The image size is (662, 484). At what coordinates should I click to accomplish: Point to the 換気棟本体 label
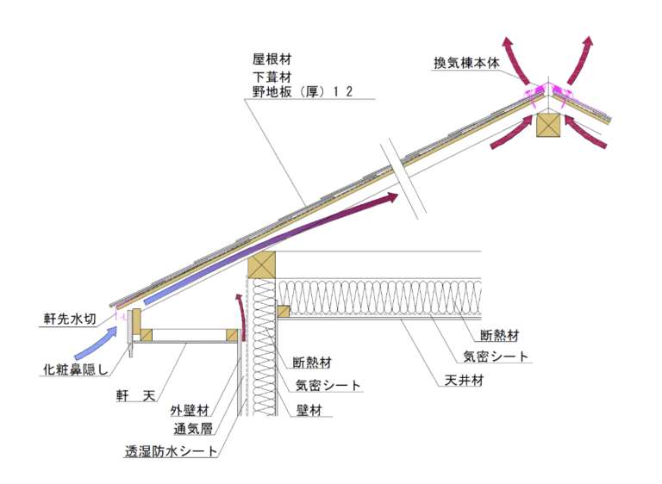coord(466,63)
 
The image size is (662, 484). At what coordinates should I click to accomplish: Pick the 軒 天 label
coord(136,395)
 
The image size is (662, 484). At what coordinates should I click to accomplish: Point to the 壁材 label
coord(307,412)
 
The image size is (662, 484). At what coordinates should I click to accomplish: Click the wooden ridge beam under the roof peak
coord(547,126)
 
